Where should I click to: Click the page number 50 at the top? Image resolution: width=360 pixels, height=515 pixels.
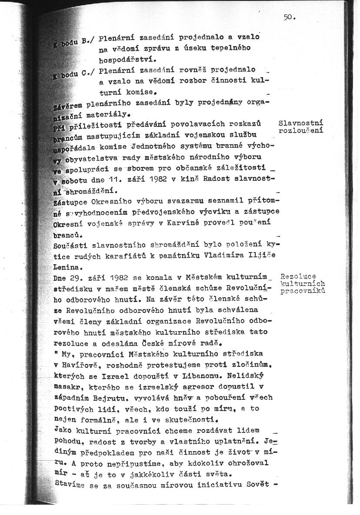(288, 17)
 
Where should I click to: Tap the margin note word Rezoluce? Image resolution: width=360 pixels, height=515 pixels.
(298, 276)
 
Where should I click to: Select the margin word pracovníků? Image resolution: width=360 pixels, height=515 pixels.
(303, 291)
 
